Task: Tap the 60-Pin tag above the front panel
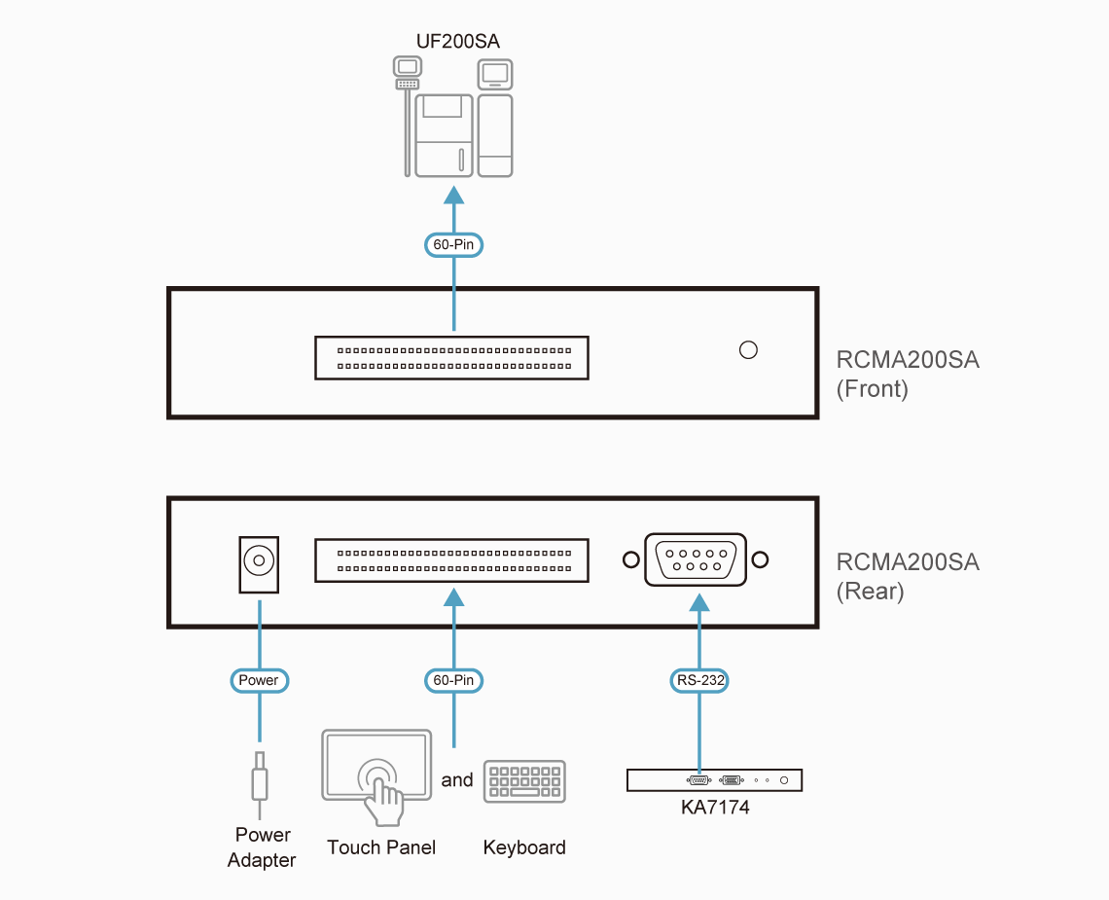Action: (453, 244)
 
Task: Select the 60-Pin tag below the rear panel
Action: (453, 680)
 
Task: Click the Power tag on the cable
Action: (259, 680)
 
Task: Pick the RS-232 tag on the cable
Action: (700, 680)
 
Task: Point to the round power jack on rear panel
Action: (259, 560)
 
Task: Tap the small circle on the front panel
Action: (748, 349)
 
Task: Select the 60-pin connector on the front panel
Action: (451, 358)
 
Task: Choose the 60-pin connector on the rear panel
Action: (451, 560)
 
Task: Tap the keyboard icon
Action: (524, 781)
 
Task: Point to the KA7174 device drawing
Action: (714, 780)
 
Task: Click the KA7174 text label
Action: (715, 807)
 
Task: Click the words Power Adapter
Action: (262, 847)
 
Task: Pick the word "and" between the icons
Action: (457, 779)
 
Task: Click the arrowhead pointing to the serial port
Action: (699, 603)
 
